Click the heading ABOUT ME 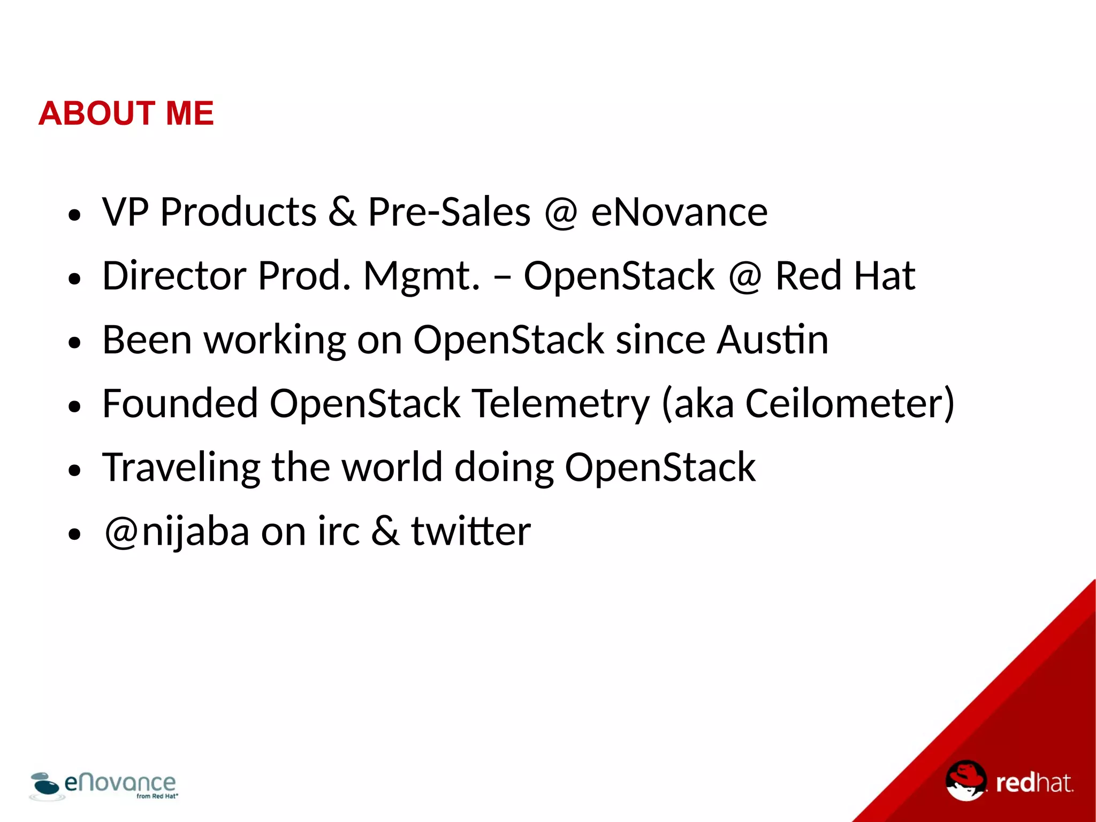(126, 114)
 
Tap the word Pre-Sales (449, 212)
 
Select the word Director (174, 276)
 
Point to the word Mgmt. (422, 277)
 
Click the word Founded (180, 403)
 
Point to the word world (392, 467)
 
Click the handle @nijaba (177, 532)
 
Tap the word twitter (470, 531)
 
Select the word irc (338, 532)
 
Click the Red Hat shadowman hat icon (965, 780)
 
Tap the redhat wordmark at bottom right (1033, 783)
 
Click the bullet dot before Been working (74, 343)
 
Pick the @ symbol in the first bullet (561, 213)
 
